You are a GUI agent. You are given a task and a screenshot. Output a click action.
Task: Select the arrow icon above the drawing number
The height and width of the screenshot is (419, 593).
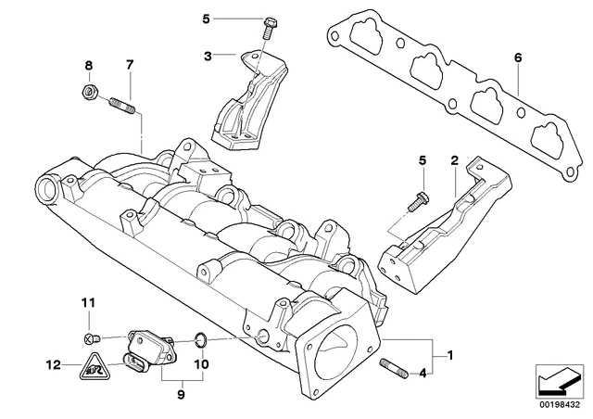click(560, 379)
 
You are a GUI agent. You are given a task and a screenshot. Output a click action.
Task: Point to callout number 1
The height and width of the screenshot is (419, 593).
click(451, 355)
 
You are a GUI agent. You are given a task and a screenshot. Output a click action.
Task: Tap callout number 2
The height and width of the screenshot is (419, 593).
click(455, 160)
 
